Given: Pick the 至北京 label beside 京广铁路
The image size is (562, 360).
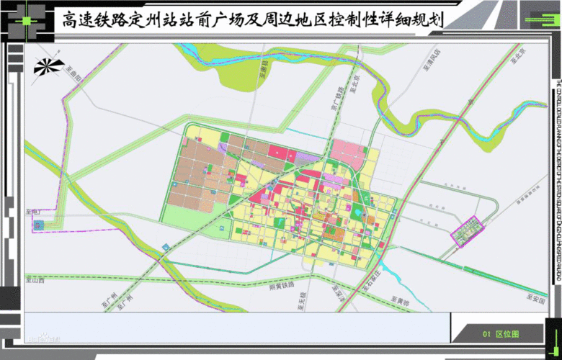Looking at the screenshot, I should coord(354,82).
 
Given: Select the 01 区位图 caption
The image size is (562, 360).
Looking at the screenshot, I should coord(501,333).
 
